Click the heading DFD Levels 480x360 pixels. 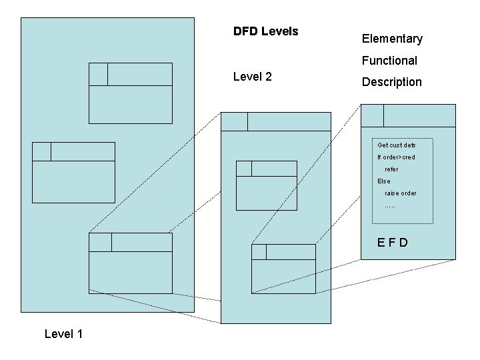[x=265, y=31]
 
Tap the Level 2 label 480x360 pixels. [x=252, y=77]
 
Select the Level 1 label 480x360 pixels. [x=63, y=333]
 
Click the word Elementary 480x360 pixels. [x=392, y=39]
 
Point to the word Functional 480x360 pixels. [x=389, y=61]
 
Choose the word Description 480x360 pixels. [x=391, y=82]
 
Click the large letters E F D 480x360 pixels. [x=393, y=242]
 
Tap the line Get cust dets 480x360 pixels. [x=396, y=145]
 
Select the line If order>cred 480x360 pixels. [x=396, y=157]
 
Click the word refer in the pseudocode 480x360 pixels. [x=392, y=169]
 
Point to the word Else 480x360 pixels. [x=384, y=181]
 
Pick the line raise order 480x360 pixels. [x=401, y=193]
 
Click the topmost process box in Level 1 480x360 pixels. [x=131, y=93]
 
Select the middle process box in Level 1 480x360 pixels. [x=73, y=173]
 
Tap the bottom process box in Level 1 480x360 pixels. [x=131, y=263]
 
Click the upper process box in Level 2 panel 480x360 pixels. [x=267, y=185]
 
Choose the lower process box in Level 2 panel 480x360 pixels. [x=283, y=269]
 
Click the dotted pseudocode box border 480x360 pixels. [x=433, y=180]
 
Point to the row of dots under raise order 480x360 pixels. [x=390, y=205]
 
